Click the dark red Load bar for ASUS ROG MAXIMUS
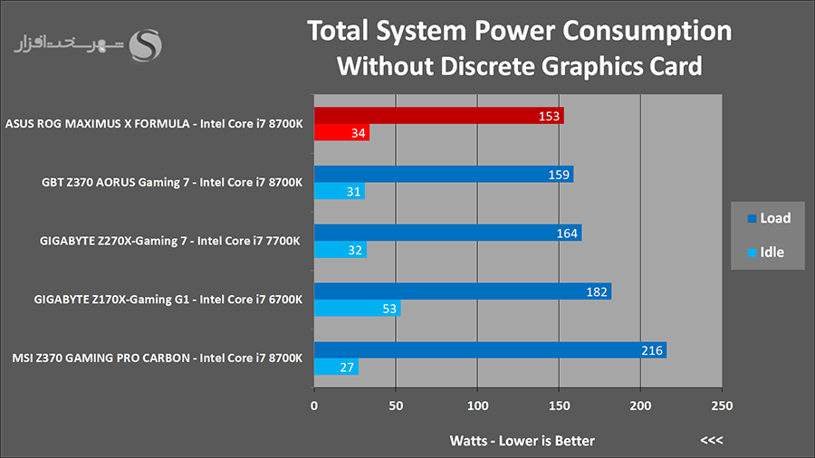[x=438, y=115]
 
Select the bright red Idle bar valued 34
[x=341, y=132]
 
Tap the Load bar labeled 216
[x=490, y=350]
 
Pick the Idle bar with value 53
[x=357, y=308]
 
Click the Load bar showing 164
[x=447, y=233]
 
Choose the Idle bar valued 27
[x=336, y=367]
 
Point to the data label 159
[x=559, y=175]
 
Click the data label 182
[x=596, y=291]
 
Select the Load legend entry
[x=769, y=218]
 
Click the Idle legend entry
[x=765, y=253]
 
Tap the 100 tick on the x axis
[x=477, y=406]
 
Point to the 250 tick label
[x=722, y=406]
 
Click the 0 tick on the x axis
[x=314, y=406]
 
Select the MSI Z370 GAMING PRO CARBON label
[x=157, y=358]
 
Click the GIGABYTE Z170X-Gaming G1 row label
[x=168, y=299]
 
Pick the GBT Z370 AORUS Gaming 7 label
[x=171, y=182]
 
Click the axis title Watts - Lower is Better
[x=522, y=441]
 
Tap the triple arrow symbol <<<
[x=711, y=440]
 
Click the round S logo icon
[x=146, y=45]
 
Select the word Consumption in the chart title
[x=647, y=31]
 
